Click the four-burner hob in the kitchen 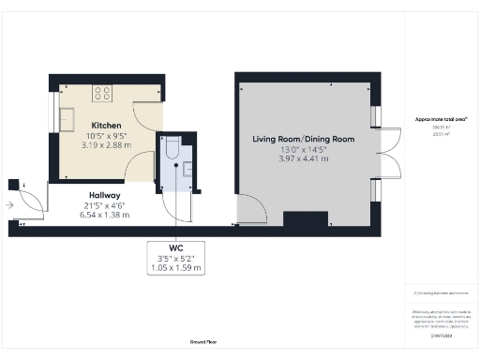(101, 93)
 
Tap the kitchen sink (67, 119)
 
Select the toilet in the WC (172, 149)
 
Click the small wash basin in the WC (188, 169)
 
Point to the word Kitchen (106, 125)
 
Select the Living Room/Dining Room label (303, 139)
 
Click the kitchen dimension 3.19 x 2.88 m (106, 144)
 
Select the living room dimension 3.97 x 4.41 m (303, 158)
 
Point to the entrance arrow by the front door (8, 202)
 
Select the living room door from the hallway (249, 211)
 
